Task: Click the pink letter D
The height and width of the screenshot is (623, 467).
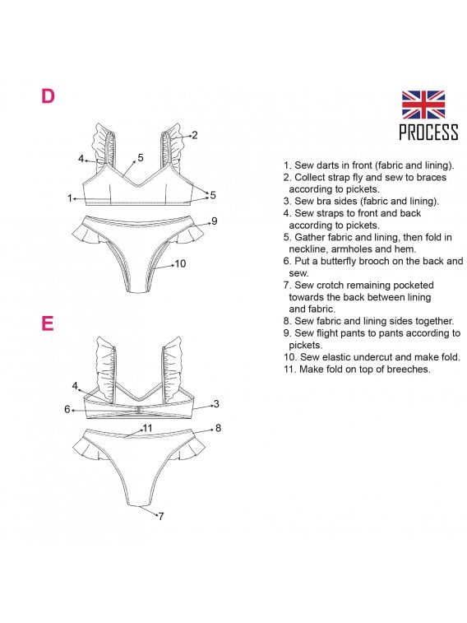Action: coord(48,96)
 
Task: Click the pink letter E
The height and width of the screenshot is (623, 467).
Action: coord(48,323)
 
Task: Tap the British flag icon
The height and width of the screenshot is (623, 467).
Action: coord(423,105)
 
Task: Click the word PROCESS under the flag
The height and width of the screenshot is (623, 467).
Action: coord(428,132)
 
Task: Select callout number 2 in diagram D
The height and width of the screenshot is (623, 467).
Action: coord(194,135)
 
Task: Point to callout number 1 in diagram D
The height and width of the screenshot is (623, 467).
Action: coord(70,198)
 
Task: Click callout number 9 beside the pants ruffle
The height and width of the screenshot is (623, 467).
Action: coord(215,221)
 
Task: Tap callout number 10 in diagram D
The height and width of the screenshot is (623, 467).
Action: coord(180,263)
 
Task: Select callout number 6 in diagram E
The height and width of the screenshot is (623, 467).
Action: coord(67,409)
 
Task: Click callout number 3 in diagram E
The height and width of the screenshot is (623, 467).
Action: coord(216,404)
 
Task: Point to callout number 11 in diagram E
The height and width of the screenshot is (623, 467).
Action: coord(148,428)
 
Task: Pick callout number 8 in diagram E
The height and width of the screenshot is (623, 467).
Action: coord(218,428)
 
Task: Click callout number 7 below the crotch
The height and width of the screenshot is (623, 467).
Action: coord(160,516)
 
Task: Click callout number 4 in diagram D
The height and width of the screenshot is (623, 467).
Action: coord(81,159)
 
